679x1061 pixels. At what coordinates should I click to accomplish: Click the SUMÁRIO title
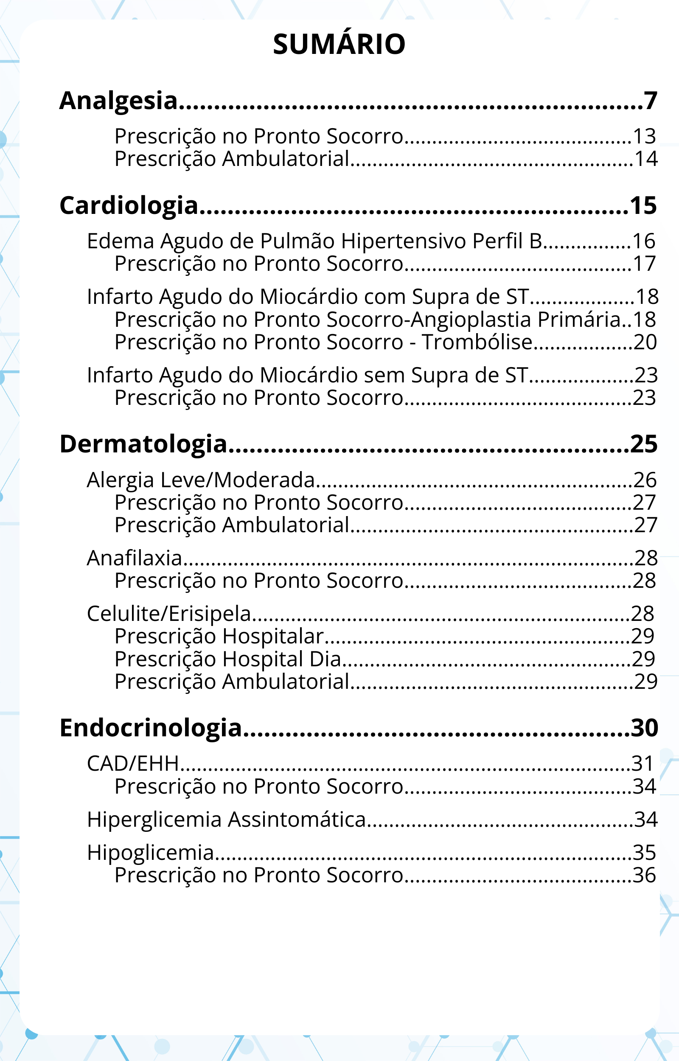339,44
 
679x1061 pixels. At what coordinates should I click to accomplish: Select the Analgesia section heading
118,101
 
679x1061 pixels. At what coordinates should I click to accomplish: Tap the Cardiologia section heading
129,206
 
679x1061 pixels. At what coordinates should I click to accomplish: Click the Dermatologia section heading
143,444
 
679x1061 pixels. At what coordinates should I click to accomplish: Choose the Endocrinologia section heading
150,728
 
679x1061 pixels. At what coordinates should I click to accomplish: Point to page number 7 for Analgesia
650,101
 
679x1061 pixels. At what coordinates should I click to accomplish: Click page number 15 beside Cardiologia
643,206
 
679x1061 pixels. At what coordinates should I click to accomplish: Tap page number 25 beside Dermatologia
644,444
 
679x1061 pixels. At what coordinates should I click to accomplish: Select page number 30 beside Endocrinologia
644,728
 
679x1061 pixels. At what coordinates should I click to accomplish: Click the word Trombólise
477,342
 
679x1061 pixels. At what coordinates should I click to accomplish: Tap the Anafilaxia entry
135,558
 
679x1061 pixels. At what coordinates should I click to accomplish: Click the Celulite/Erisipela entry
169,614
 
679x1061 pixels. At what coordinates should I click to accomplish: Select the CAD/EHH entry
133,764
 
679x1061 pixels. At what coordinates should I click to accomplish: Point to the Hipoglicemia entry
150,853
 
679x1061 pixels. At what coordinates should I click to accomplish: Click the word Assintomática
297,820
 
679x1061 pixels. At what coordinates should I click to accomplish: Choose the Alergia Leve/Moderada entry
201,480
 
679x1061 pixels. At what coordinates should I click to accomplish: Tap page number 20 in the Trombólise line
645,342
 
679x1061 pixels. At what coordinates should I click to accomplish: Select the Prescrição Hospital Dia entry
227,659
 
